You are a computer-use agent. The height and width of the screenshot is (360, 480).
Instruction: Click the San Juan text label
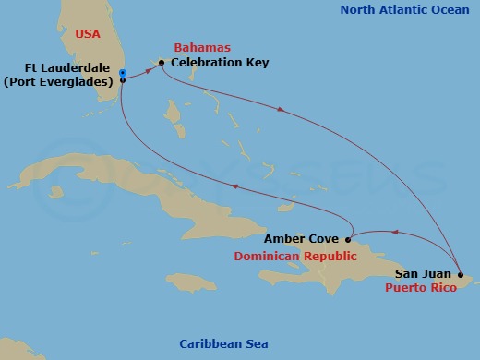pyautogui.click(x=423, y=273)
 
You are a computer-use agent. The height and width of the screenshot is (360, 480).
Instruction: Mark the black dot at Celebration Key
pyautogui.click(x=162, y=63)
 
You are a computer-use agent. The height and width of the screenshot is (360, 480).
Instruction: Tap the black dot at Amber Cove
pyautogui.click(x=348, y=239)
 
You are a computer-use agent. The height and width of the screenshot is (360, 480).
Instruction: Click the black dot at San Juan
pyautogui.click(x=460, y=274)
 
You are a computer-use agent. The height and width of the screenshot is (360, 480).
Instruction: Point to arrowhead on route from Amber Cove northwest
pyautogui.click(x=234, y=186)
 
